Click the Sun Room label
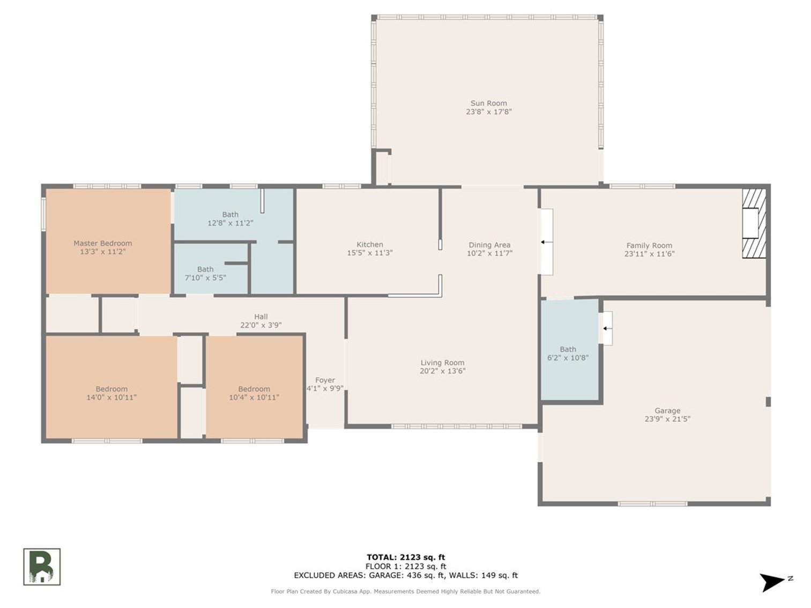488,103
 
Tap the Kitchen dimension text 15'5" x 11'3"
369,253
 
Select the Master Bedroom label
102,243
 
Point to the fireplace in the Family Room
753,223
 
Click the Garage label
667,411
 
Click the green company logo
42,567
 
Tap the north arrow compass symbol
774,582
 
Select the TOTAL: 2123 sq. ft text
406,558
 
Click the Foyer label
325,380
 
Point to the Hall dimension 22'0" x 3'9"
261,325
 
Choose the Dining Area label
489,245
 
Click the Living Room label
442,363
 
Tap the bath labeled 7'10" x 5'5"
205,274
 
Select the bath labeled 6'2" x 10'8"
568,354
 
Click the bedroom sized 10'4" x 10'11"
254,393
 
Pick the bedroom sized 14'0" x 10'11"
111,393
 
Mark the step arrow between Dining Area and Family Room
546,242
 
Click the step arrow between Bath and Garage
607,328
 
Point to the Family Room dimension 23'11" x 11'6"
649,254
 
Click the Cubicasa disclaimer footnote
406,591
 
